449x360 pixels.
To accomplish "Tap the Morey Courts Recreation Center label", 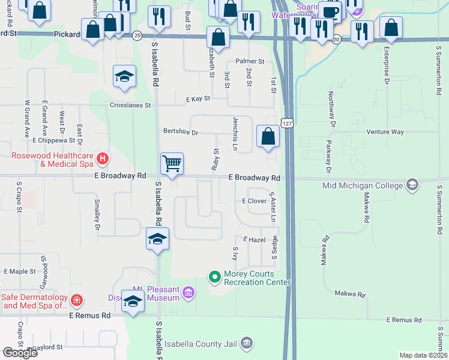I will pyautogui.click(x=257, y=278).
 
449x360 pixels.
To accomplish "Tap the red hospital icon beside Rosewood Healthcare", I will pyautogui.click(x=103, y=159).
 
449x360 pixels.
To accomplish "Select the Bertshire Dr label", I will pyautogui.click(x=180, y=131).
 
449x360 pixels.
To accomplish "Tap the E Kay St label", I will pyautogui.click(x=198, y=98).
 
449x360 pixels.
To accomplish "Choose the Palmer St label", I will pyautogui.click(x=250, y=61).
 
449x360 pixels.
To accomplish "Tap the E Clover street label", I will pyautogui.click(x=254, y=201).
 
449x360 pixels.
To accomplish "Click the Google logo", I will pyautogui.click(x=20, y=353).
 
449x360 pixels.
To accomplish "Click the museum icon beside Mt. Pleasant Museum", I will pyautogui.click(x=188, y=293).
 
